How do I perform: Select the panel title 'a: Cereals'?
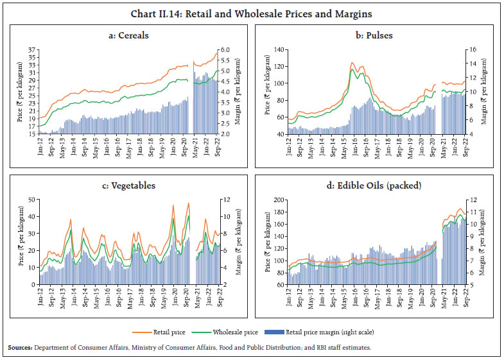pos(128,35)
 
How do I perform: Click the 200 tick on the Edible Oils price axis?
pos(279,200)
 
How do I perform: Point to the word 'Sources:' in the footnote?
pos(21,347)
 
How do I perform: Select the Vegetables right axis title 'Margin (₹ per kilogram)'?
pos(237,242)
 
